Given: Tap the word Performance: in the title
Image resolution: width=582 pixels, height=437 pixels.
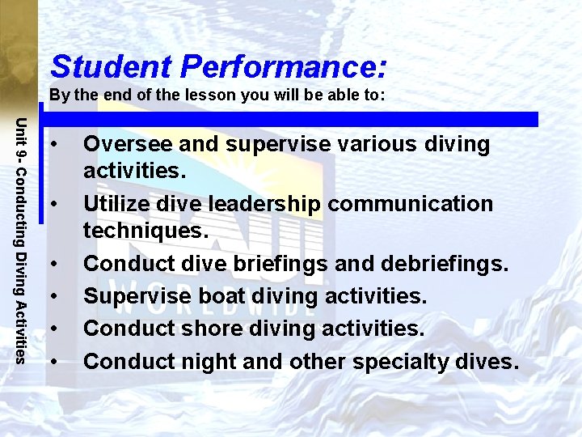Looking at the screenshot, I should [284, 66].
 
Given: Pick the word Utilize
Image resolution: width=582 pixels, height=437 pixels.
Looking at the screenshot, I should [118, 204].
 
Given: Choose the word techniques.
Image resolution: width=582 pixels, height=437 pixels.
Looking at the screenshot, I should [146, 231].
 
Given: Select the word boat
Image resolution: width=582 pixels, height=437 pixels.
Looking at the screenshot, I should [216, 296].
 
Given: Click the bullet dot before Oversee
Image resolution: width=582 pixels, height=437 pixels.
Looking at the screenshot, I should [53, 146].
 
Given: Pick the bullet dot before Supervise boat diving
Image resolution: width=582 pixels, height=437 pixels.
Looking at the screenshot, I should [53, 297].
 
